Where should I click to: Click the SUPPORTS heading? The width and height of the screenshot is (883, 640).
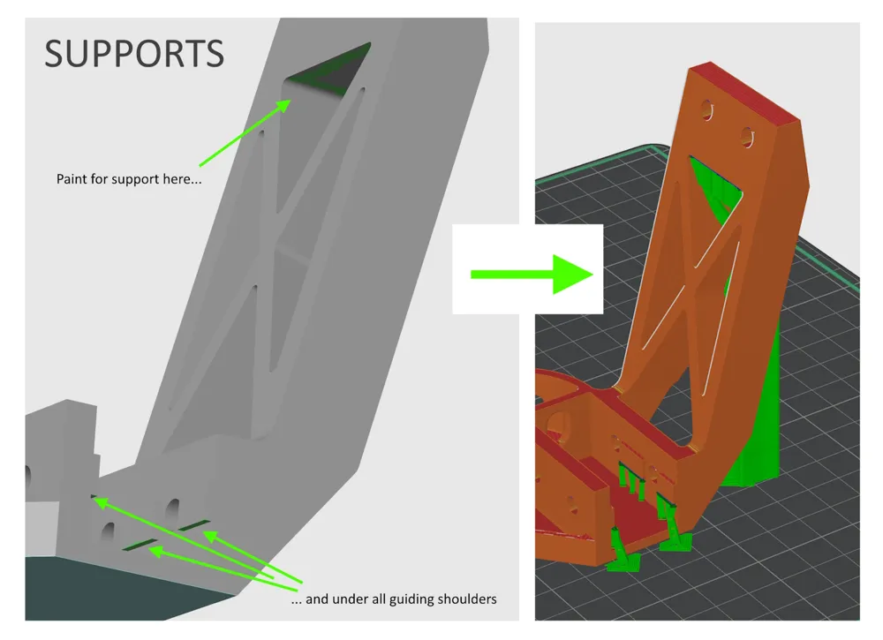[134, 55]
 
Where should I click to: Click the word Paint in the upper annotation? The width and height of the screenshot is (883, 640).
[72, 179]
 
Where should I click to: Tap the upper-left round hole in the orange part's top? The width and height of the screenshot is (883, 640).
[706, 109]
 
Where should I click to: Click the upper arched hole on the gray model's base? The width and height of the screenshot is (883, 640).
[171, 508]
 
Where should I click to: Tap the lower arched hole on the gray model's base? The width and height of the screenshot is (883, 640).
[109, 531]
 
